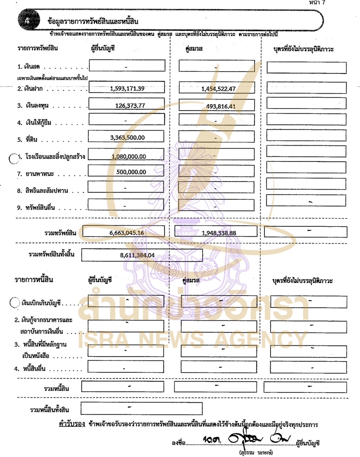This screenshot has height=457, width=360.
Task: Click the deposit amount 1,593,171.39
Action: click(x=127, y=88)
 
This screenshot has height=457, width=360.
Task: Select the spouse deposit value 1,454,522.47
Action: click(x=218, y=89)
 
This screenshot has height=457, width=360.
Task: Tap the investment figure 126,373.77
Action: click(x=130, y=106)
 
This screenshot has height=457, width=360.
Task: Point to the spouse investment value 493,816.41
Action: click(x=221, y=106)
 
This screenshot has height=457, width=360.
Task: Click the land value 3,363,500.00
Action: click(x=127, y=138)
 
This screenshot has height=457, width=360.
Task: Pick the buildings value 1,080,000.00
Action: click(x=129, y=157)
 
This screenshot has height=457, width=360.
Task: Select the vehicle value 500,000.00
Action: click(x=131, y=172)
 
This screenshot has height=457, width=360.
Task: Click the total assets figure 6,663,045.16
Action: click(x=126, y=233)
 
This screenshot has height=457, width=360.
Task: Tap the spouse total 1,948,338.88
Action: click(x=219, y=233)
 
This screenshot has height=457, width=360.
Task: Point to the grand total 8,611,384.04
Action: click(x=137, y=255)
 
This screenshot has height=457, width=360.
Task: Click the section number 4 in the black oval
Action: click(x=27, y=21)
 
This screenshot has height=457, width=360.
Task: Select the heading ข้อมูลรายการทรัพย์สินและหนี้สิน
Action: click(x=93, y=22)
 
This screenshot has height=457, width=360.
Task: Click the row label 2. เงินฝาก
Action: click(x=30, y=89)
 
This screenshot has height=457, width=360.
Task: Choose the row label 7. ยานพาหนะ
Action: click(x=35, y=174)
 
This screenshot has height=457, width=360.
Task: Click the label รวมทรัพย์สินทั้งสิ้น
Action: click(x=51, y=254)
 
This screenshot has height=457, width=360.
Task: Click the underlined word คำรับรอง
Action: click(x=72, y=424)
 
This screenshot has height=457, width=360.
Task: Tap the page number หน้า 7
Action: click(x=317, y=3)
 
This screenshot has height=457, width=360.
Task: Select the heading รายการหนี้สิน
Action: click(x=34, y=280)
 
